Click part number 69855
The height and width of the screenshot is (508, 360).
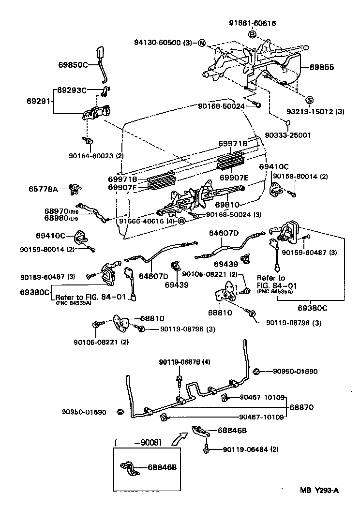click(x=322, y=67)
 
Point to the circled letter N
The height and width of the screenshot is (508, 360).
click(x=201, y=43)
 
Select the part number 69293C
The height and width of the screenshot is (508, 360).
click(x=72, y=90)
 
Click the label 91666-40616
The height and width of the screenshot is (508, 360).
click(x=143, y=221)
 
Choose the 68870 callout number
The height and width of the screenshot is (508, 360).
click(x=301, y=408)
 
